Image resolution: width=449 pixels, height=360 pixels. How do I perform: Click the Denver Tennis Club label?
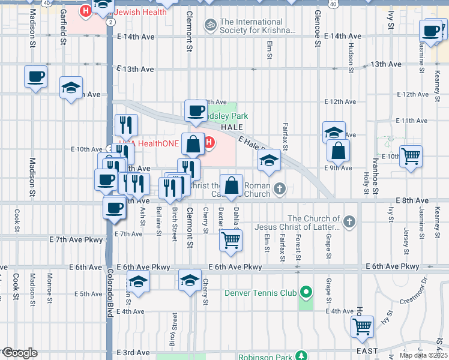pyautogui.click(x=261, y=293)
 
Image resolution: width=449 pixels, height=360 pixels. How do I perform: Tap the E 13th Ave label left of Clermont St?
pyautogui.click(x=135, y=70)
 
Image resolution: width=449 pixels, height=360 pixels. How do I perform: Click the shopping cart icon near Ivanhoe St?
pyautogui.click(x=411, y=157)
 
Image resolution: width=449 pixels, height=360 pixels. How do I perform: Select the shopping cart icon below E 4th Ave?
pyautogui.click(x=362, y=326)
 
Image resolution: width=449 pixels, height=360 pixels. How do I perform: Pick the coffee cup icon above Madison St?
pyautogui.click(x=35, y=77)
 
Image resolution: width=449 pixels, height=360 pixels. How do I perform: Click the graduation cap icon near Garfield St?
pyautogui.click(x=71, y=88)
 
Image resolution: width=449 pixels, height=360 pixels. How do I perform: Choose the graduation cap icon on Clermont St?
pyautogui.click(x=190, y=280)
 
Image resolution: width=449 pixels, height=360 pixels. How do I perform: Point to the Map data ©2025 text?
pyautogui.click(x=424, y=355)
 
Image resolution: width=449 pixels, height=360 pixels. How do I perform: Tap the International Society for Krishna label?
pyautogui.click(x=258, y=25)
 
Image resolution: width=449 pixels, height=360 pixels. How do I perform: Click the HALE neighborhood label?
pyautogui.click(x=232, y=128)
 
